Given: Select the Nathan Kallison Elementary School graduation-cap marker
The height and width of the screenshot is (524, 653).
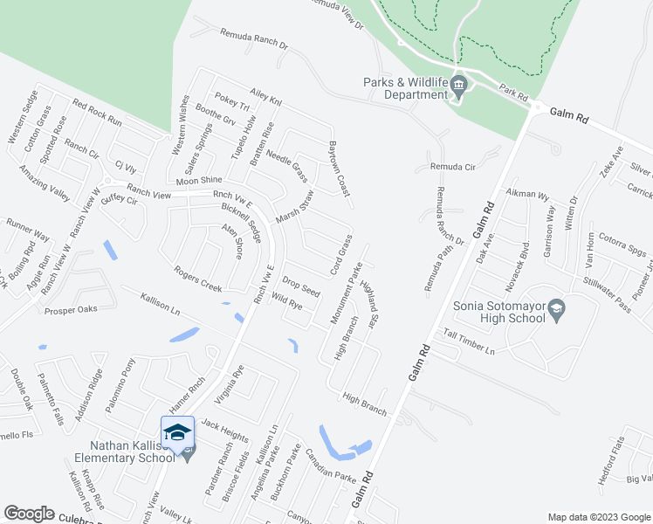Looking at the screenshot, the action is pos(177,431).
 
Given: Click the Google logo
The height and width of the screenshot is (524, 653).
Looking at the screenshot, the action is pos(30,514).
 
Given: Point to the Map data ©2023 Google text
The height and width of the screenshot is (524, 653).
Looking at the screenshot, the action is pos(598,517).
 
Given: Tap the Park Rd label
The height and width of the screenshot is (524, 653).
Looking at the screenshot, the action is pos(515,91).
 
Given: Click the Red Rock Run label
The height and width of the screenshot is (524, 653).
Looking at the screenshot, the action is pos(97,114).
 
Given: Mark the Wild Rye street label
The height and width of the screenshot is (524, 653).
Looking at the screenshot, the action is pos(287,305).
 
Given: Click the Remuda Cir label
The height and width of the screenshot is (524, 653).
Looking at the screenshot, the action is pos(451,166).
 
